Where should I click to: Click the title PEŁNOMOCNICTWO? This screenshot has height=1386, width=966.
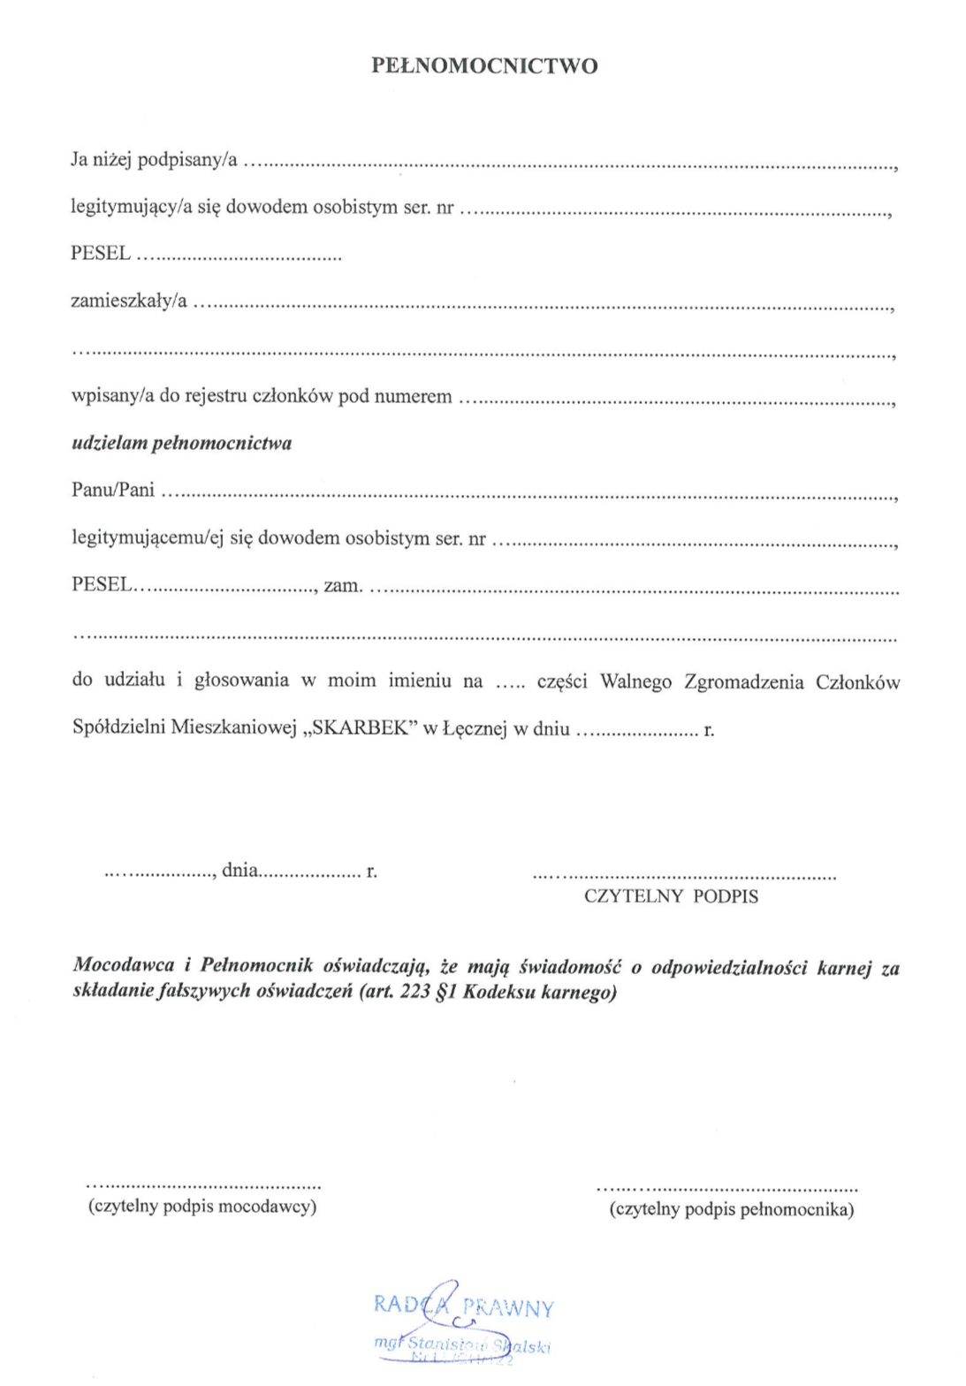[484, 66]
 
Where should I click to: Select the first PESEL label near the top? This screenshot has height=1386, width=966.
[101, 254]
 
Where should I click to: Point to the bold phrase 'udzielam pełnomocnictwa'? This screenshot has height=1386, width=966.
[181, 443]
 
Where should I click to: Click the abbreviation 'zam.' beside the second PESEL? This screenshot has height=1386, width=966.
[343, 585]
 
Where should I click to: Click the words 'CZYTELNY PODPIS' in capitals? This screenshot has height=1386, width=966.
[671, 896]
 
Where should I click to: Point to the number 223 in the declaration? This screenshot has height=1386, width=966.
[415, 992]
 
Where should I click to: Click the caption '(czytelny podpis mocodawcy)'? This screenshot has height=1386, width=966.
[202, 1207]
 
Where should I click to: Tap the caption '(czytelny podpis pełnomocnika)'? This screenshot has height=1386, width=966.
[731, 1209]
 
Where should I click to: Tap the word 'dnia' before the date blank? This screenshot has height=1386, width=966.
[240, 871]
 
